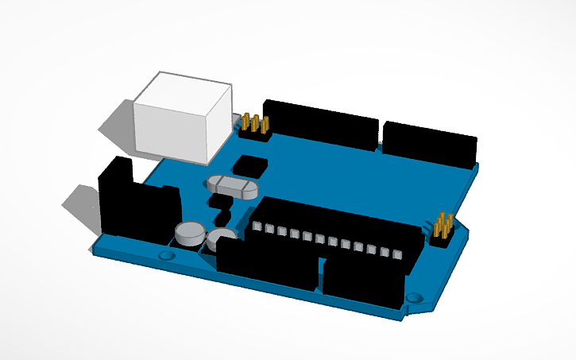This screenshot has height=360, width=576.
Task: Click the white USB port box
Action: (x=183, y=119)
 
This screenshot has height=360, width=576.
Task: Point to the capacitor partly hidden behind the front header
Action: (x=222, y=235)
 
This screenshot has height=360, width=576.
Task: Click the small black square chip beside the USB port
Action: (x=250, y=165)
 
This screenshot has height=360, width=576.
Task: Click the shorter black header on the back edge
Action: (x=430, y=145)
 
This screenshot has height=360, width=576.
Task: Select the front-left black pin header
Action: (x=267, y=264)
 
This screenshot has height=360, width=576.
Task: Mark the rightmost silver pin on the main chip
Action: (x=397, y=254)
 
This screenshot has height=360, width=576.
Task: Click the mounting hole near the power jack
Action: (x=166, y=256)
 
